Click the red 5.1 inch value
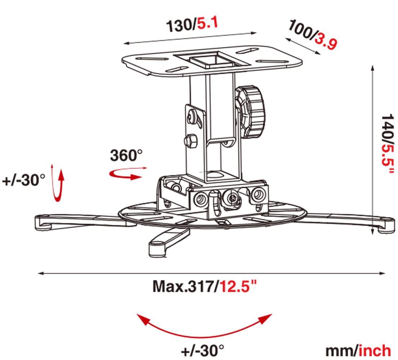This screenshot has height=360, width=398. (208, 23)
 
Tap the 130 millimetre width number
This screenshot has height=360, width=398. (180, 26)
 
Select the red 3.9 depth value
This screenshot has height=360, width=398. (326, 41)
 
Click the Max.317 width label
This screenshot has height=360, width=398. (184, 286)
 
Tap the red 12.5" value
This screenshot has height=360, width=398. (238, 286)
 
